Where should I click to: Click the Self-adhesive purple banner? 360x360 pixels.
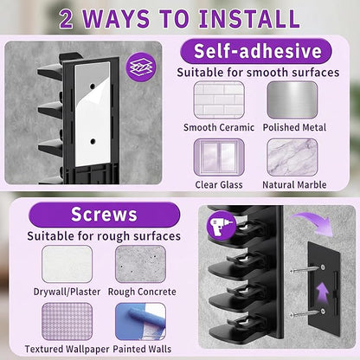pos(256,51)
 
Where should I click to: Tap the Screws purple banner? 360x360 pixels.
pos(104,215)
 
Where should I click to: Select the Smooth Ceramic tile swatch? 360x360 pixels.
pos(219,100)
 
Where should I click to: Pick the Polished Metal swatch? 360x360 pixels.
pos(292,100)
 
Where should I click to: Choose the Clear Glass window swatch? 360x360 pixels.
pos(219,157)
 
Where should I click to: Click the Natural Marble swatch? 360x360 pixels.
pos(292,157)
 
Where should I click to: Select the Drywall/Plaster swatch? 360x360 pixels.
pos(67,264)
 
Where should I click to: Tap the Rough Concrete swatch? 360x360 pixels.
pos(140,264)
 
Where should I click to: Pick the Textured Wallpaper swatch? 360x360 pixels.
pos(67,321)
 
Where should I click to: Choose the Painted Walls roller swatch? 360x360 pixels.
pos(140,321)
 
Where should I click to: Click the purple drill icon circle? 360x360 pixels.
pos(222,225)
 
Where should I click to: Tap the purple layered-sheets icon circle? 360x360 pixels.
pos(141,67)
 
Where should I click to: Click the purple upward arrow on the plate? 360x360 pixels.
pos(322,293)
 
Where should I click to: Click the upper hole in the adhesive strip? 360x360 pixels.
pos(93,86)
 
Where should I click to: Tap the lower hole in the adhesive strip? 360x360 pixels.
pos(93,141)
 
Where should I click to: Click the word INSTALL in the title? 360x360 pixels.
pos(250,19)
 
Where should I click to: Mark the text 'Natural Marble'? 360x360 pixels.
pos(294,184)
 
